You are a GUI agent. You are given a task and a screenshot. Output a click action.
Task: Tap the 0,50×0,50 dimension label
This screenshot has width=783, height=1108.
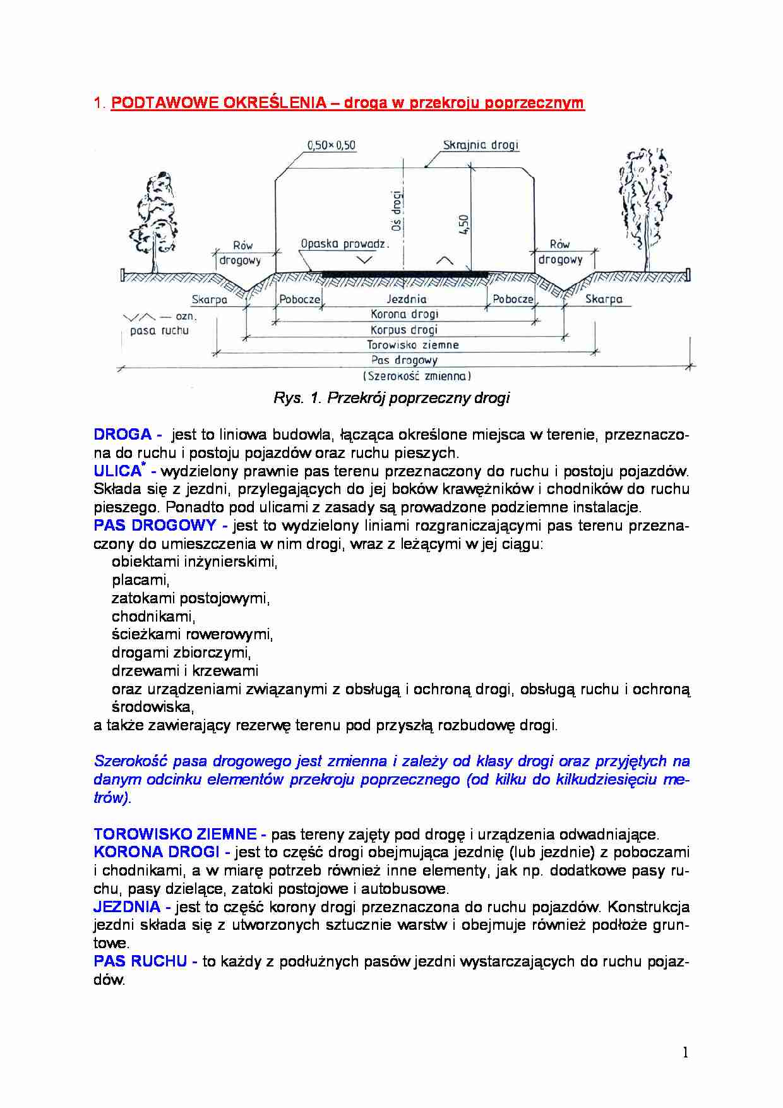tap(331, 145)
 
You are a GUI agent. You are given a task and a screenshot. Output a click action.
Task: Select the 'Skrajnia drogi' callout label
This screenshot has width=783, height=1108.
tap(481, 145)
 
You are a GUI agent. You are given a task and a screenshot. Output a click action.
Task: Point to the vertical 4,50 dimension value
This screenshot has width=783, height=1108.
tap(464, 225)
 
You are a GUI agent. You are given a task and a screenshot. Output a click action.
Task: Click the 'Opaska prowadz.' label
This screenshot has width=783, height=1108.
tap(345, 244)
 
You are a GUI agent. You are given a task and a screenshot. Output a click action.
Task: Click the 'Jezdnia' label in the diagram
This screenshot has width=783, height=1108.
tap(406, 299)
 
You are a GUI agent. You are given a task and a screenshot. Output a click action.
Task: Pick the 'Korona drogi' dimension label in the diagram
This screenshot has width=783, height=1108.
tap(404, 314)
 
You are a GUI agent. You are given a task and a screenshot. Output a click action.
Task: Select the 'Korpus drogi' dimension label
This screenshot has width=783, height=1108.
tap(404, 330)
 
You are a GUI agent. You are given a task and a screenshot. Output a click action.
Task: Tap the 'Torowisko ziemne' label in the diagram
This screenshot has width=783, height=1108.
tap(412, 345)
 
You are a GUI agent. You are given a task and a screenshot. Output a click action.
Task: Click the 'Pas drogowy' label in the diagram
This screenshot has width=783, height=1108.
tap(404, 360)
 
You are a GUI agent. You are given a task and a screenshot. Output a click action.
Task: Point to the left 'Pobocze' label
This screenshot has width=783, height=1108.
tap(299, 299)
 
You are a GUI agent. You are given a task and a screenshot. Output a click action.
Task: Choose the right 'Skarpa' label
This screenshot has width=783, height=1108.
tap(603, 299)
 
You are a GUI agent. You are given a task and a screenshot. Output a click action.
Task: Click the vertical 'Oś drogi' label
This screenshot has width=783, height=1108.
tap(397, 211)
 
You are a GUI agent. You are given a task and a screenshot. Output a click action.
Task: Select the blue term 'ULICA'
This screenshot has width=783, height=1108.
tap(117, 471)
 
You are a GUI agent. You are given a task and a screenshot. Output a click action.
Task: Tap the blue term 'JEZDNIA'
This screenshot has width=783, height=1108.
tap(127, 907)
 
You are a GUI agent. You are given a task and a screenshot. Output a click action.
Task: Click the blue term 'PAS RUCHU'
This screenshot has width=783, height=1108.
tap(140, 961)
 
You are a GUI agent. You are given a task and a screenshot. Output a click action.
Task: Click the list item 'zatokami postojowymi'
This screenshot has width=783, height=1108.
tap(191, 598)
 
